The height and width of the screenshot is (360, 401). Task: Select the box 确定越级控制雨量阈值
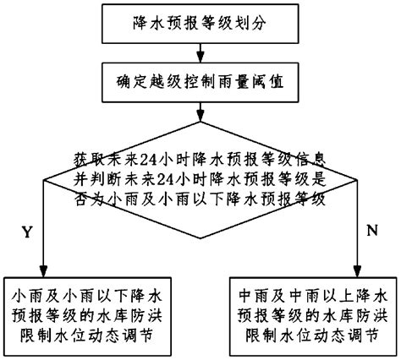pyautogui.click(x=200, y=85)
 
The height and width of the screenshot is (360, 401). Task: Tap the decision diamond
pyautogui.click(x=200, y=182)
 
